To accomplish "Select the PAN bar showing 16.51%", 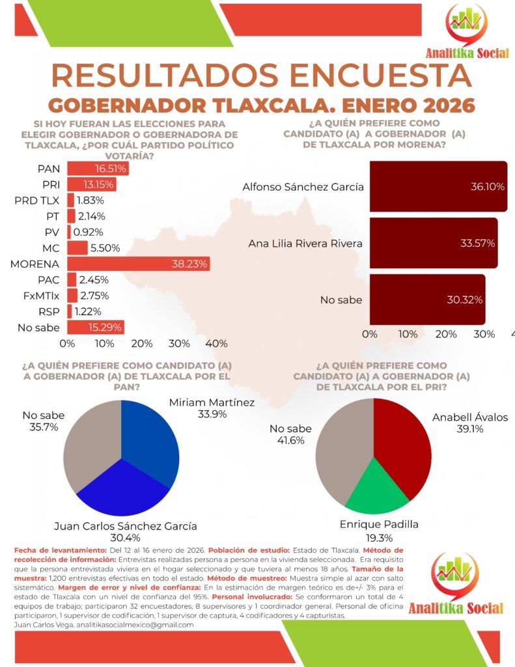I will [98, 168].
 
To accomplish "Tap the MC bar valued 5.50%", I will [77, 248].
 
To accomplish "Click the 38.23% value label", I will [189, 264].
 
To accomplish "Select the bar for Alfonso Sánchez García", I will [438, 186].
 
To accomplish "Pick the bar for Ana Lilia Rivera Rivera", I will [433, 243].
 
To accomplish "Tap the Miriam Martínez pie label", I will [212, 408].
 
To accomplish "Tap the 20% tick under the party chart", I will [141, 343].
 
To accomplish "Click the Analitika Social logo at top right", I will [466, 33].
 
